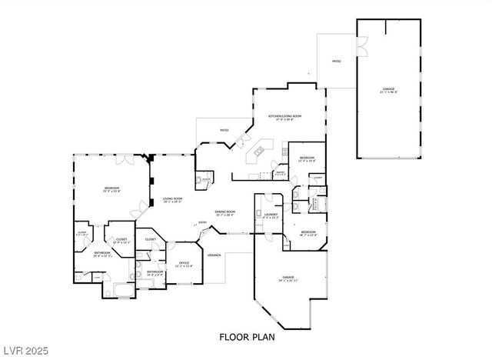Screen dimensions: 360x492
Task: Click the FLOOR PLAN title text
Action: point(246,336)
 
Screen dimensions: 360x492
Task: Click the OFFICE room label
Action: point(184,264)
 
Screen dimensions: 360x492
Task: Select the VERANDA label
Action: point(215,255)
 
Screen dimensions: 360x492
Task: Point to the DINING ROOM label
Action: point(224,212)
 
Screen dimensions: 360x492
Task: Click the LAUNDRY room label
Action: point(270,215)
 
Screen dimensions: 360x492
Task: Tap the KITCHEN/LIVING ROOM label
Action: point(284,117)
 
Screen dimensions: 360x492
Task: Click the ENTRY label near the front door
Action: point(203,224)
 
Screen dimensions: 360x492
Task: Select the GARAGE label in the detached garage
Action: point(389,90)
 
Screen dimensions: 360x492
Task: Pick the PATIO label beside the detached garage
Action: point(336,60)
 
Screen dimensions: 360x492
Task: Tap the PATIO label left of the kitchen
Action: point(224,130)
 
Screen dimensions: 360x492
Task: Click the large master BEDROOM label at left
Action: point(111,188)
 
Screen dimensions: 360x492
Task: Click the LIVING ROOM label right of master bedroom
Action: point(172,200)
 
